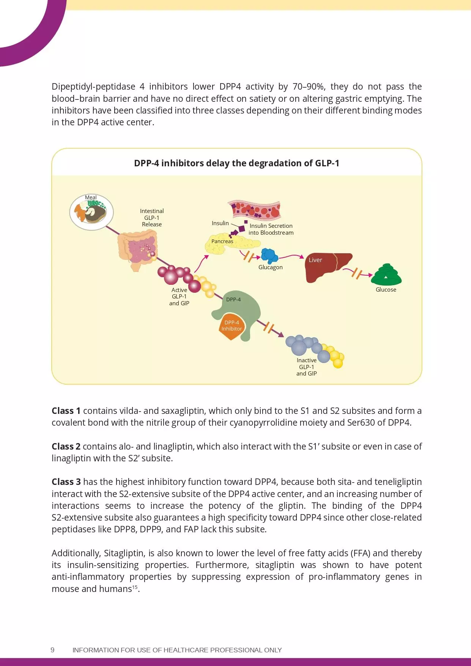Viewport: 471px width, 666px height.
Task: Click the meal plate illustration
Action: point(91,213)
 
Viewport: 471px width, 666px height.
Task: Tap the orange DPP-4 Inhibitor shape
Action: point(232,326)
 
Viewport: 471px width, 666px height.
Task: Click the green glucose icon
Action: point(386,275)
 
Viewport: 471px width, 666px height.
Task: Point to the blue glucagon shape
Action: point(269,256)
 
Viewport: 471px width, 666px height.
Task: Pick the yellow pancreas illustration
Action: point(228,245)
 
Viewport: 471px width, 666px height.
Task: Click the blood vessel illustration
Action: point(254,210)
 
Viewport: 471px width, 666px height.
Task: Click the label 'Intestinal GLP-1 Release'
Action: point(152,218)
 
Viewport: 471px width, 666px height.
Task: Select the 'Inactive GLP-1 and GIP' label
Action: point(307,367)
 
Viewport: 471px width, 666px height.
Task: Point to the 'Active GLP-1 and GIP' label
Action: point(179,297)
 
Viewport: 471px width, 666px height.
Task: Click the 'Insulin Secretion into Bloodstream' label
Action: point(271,229)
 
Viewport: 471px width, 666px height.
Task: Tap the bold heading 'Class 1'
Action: point(66,411)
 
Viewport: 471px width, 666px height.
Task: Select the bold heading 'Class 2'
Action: point(66,447)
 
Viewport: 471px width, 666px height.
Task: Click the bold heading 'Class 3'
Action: point(66,482)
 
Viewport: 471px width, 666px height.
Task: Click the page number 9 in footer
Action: point(52,650)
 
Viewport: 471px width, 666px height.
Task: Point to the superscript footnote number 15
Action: point(135,587)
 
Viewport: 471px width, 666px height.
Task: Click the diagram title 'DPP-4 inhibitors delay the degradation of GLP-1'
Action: point(236,163)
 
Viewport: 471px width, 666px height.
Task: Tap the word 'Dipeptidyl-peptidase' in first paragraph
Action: point(93,87)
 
